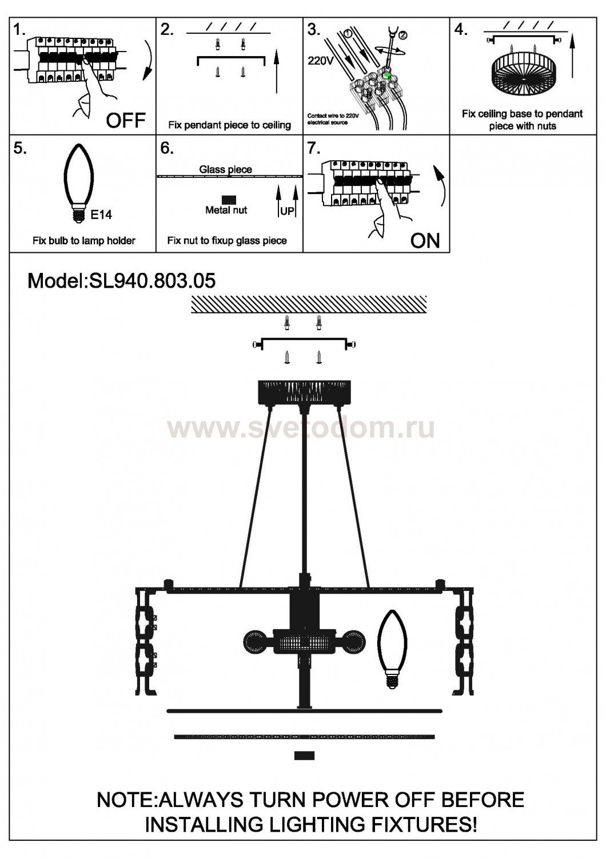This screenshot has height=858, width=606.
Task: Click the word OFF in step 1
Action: click(x=126, y=120)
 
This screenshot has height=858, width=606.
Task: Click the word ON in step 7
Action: click(x=425, y=240)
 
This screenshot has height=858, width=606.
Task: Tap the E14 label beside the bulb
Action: click(x=102, y=215)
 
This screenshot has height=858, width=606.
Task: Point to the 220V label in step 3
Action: click(x=320, y=61)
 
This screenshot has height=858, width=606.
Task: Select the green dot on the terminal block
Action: click(x=387, y=74)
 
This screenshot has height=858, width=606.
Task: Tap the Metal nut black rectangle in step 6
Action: click(x=229, y=200)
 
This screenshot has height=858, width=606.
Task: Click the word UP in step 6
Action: click(x=287, y=212)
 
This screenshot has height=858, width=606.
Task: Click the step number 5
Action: click(x=20, y=148)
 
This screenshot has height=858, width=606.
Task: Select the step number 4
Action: click(x=461, y=30)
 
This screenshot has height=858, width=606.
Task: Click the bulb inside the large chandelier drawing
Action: click(x=392, y=648)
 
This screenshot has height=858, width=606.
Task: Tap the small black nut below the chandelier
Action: click(x=304, y=756)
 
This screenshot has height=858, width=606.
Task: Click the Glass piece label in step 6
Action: click(x=225, y=169)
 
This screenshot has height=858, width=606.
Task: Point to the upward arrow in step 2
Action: click(x=277, y=71)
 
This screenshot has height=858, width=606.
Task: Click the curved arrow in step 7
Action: click(x=441, y=186)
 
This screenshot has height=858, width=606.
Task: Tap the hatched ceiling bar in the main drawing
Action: click(x=309, y=304)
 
